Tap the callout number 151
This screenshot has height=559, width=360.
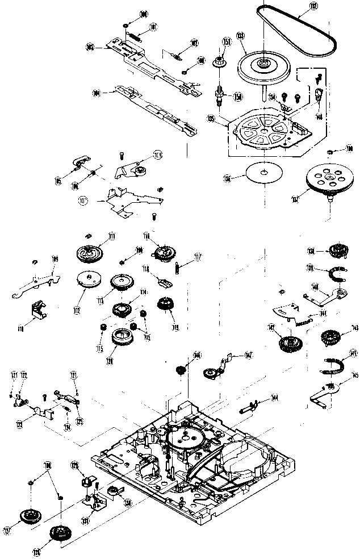[x=226, y=41]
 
